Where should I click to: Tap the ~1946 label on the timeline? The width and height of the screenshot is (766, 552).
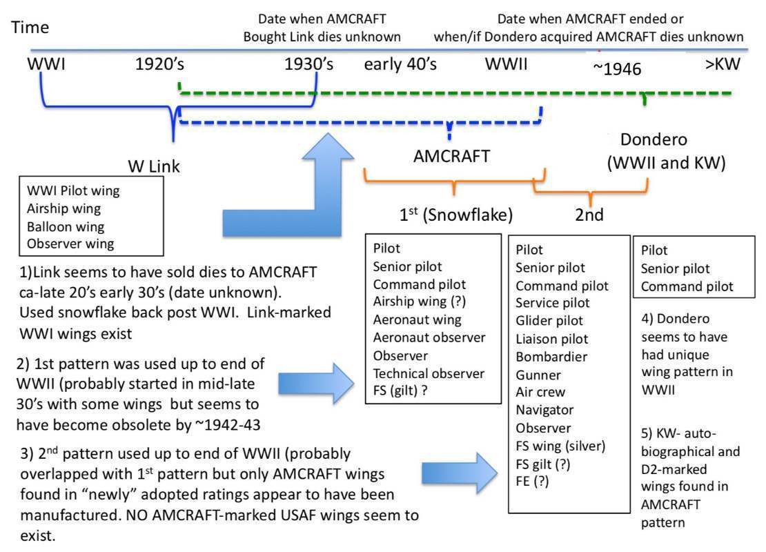point(617,68)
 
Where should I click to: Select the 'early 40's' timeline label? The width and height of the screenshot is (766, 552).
point(400,66)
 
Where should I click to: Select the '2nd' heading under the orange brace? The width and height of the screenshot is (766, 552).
point(589,215)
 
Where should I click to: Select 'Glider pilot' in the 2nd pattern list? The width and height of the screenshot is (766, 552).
point(549,321)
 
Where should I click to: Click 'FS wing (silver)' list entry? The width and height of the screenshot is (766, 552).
point(560,446)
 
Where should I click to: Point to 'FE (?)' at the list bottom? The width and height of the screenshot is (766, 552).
point(532,482)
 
